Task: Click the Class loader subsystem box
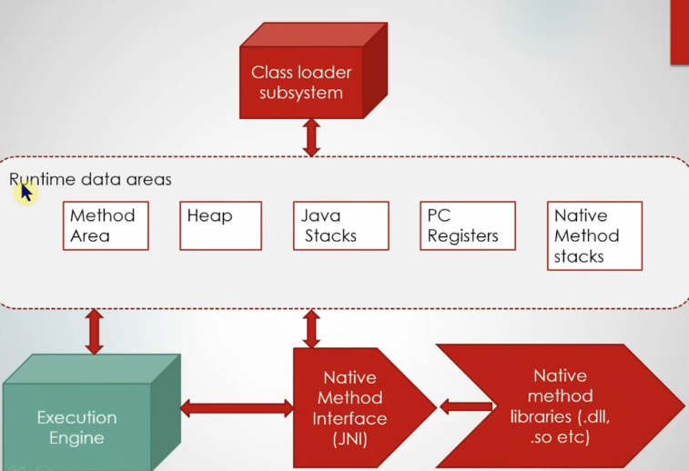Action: coord(301,82)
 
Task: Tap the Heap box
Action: coord(220,225)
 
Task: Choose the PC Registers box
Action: coord(467,225)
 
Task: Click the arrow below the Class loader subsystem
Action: coord(311,137)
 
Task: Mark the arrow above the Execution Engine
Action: coord(93,331)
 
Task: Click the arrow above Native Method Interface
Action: coord(311,327)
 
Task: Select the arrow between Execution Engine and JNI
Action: coord(236,408)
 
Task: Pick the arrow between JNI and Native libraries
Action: coord(466,406)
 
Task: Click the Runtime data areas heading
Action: coord(90,179)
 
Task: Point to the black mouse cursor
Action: coord(25,192)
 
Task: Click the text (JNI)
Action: coord(350,439)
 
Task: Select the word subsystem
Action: coord(300,93)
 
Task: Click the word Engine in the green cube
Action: coord(76,438)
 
